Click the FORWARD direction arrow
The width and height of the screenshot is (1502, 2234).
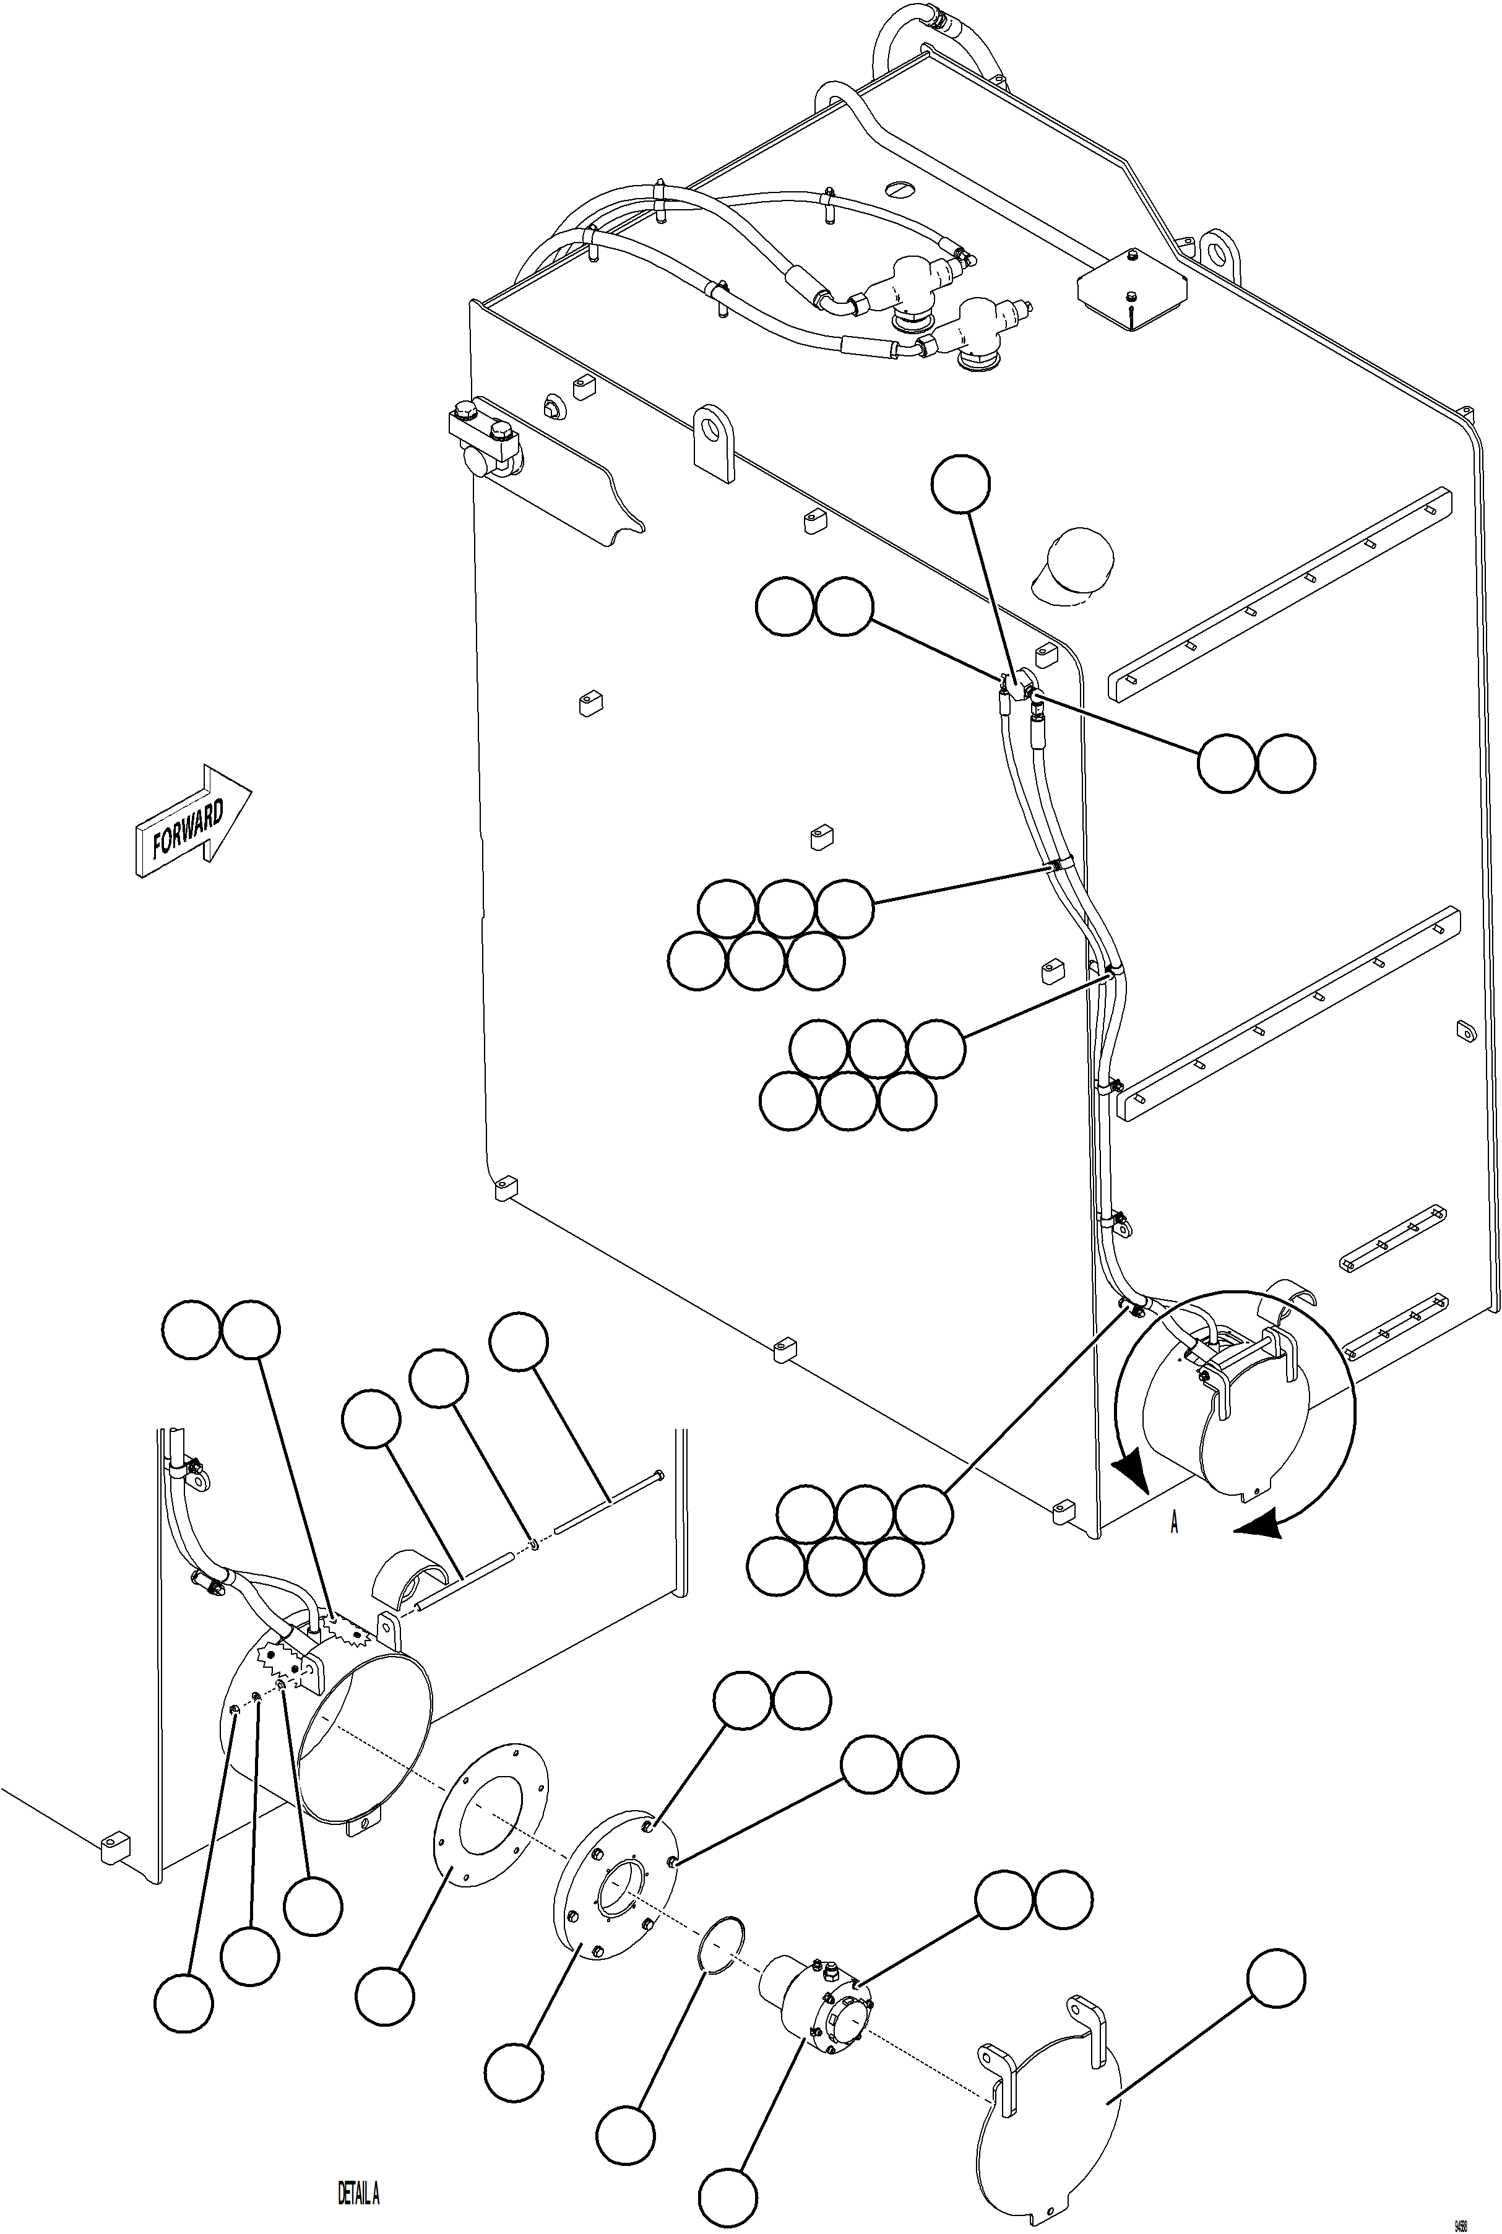[x=192, y=822]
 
